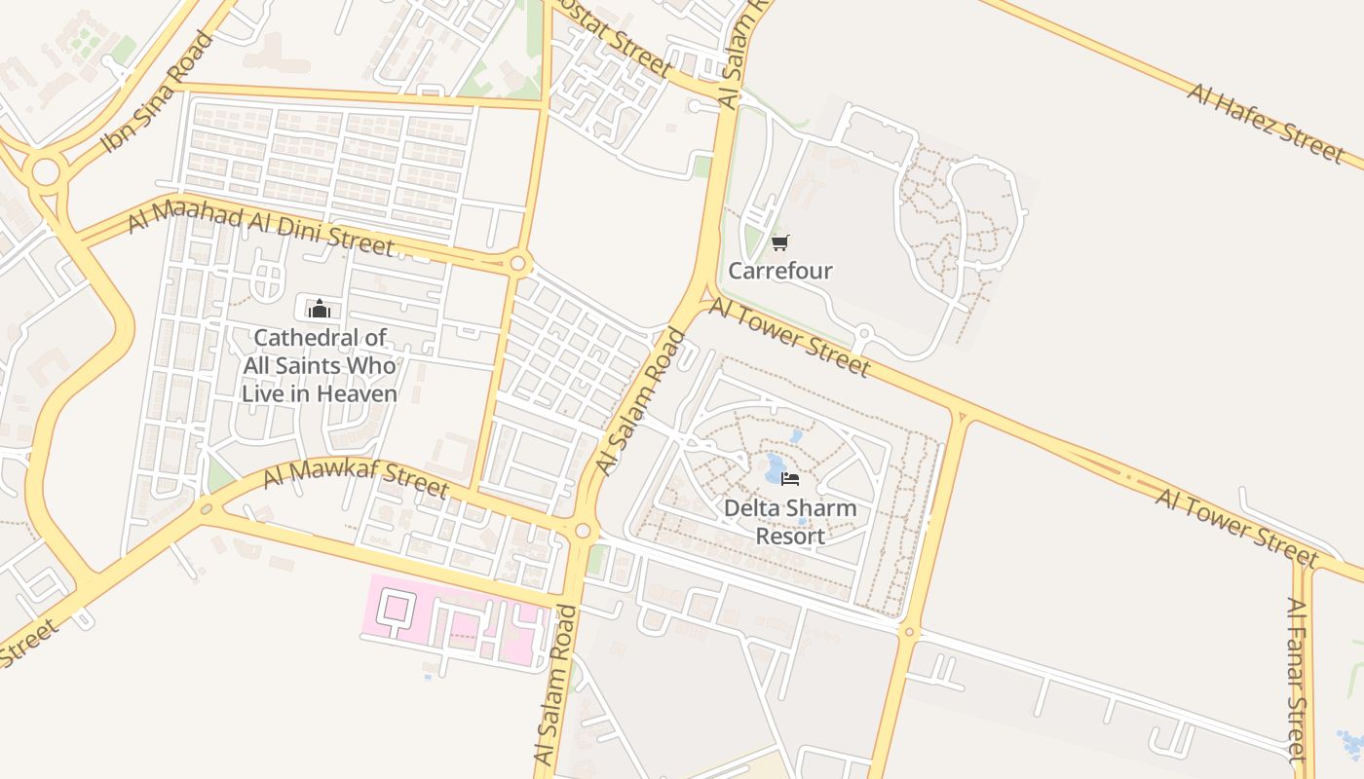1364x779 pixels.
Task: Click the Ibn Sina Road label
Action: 157,93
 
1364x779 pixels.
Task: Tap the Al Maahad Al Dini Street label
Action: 260,230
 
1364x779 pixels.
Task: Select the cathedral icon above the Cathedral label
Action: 319,310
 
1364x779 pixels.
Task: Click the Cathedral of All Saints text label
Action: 320,366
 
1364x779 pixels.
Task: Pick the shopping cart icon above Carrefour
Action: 779,242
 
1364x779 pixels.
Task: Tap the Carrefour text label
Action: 780,271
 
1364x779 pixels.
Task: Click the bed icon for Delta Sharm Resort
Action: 790,479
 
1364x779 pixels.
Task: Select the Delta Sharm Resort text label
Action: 790,522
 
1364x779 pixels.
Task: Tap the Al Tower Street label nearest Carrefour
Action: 789,337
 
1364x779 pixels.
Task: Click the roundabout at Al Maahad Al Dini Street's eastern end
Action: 518,263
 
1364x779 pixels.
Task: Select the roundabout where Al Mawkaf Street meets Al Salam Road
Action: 583,531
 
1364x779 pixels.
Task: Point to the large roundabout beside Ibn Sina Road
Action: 46,172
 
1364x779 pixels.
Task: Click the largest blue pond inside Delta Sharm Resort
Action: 777,468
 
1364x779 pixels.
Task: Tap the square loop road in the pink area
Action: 396,608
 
